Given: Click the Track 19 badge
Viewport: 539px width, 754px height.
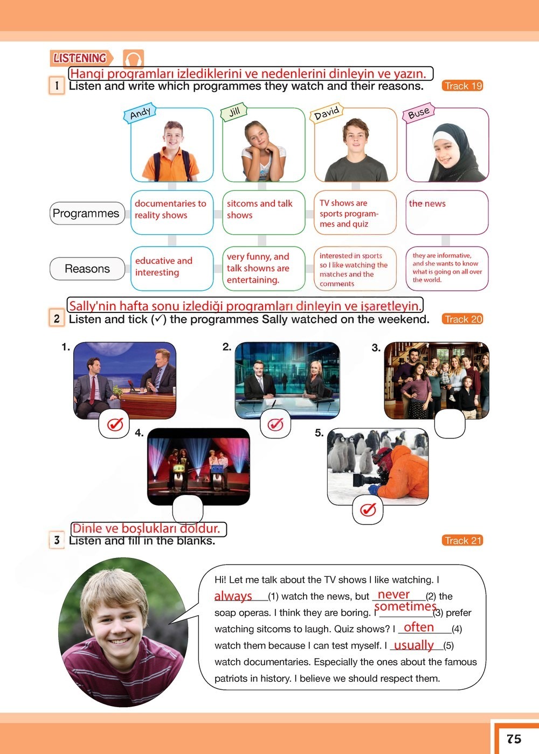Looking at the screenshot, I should tap(463, 86).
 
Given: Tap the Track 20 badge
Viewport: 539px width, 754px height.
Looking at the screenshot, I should tap(463, 319).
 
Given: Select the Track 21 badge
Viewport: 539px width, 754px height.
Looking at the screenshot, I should tap(463, 540).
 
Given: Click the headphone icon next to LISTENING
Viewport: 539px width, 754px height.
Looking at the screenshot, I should tap(133, 58).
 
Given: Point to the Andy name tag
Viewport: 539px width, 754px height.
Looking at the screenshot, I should tap(140, 113).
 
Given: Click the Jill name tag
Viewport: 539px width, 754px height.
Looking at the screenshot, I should tap(234, 112).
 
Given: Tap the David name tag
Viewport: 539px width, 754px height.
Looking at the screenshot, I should tap(327, 113).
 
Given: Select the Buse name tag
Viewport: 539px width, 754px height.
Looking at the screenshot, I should tap(419, 113).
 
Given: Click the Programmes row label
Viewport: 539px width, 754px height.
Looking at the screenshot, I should tap(86, 213).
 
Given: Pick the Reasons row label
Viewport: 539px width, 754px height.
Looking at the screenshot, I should tap(87, 269).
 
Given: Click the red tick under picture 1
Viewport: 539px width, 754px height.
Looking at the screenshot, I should tap(115, 424).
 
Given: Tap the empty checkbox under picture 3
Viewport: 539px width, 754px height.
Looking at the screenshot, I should tap(450, 423).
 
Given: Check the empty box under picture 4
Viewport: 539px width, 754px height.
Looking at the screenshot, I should tap(188, 508).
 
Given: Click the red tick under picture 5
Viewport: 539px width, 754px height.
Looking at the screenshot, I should tap(368, 509).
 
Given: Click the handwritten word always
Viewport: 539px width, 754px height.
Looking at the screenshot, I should tap(233, 596).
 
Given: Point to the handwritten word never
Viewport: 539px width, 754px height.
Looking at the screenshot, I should tap(394, 594).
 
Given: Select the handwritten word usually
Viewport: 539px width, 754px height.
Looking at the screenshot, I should tap(414, 645).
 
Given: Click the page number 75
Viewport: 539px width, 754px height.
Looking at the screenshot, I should tap(514, 738).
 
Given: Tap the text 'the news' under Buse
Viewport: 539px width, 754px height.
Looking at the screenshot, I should tap(427, 204).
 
